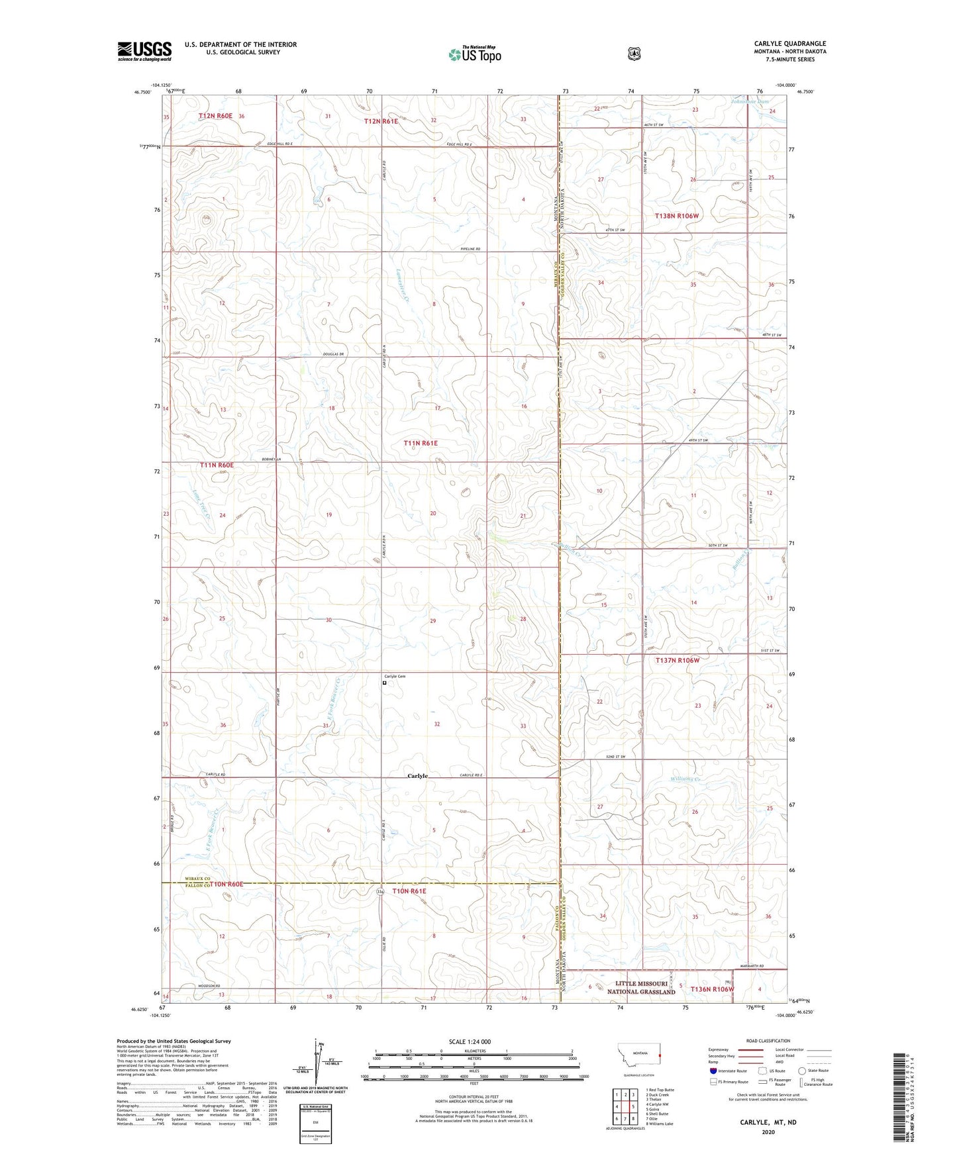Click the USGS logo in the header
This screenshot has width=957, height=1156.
click(144, 51)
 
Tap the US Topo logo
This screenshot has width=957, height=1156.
click(474, 54)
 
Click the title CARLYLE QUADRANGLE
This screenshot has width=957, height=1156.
click(789, 44)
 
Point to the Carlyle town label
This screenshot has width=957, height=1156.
click(417, 776)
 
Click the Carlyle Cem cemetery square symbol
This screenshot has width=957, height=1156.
click(385, 683)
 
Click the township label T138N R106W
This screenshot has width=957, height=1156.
click(677, 216)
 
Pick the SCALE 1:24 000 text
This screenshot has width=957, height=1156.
click(470, 1041)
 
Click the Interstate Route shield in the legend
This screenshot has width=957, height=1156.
click(713, 1071)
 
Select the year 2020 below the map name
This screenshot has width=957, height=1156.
click(768, 1113)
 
